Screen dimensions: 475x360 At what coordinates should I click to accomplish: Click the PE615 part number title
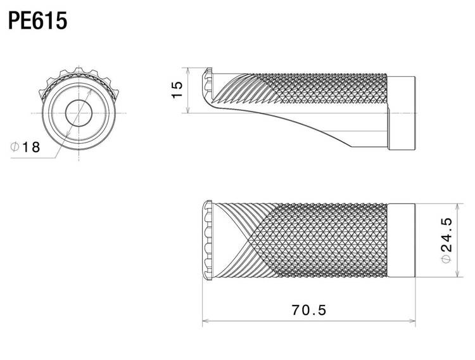click(37, 21)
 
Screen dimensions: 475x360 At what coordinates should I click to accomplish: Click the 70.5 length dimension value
click(309, 310)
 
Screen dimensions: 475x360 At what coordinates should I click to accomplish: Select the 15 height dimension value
click(177, 89)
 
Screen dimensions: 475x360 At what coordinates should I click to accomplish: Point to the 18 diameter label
click(31, 147)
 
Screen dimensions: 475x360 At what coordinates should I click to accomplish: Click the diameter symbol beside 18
click(15, 147)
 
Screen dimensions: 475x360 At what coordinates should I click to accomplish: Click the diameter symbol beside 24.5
click(446, 259)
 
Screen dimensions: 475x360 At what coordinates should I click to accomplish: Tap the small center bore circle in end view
click(79, 113)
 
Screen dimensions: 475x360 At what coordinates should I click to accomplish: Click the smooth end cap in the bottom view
click(402, 240)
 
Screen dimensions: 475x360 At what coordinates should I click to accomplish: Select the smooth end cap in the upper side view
click(402, 113)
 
